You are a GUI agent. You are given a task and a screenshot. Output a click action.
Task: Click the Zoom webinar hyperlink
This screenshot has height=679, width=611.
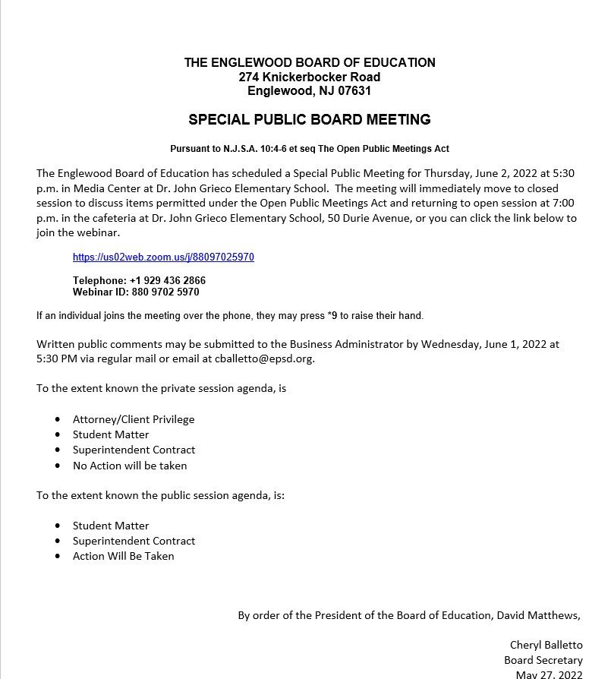(x=163, y=257)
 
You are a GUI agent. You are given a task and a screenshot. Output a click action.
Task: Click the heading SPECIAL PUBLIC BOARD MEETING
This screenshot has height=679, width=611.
(x=309, y=120)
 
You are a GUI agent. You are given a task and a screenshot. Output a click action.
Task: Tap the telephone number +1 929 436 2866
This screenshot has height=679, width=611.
(x=168, y=280)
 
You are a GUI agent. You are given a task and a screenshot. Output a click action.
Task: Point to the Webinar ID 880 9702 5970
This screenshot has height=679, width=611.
(x=161, y=292)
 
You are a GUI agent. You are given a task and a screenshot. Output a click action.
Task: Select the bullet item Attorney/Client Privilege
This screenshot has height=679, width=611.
(x=134, y=419)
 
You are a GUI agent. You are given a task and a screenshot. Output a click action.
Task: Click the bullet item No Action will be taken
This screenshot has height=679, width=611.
(x=130, y=466)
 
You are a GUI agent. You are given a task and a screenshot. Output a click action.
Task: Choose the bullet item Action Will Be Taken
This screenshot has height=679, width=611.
(x=124, y=556)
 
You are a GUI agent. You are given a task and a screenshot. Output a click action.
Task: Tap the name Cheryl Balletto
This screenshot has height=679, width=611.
(x=546, y=645)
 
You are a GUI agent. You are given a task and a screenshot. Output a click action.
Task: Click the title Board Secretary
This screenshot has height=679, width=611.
(x=543, y=660)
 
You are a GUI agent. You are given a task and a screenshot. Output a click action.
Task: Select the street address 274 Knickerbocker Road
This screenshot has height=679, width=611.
(x=309, y=77)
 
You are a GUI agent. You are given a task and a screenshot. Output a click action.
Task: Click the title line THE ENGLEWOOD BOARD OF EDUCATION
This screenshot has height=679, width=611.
(x=310, y=62)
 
